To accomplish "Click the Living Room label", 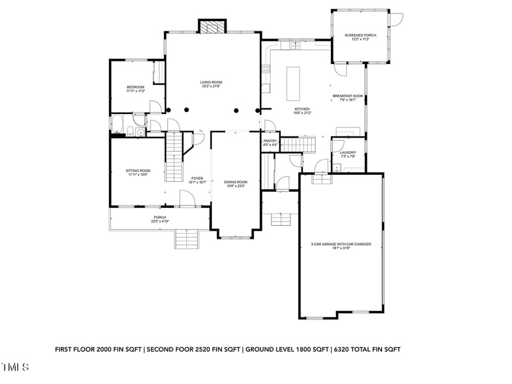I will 211,82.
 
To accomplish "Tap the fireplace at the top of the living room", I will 212,27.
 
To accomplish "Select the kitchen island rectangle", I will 293,83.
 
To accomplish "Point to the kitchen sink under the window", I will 295,46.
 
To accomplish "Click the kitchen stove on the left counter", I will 264,70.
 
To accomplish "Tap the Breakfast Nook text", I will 348,96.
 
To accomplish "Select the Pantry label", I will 270,141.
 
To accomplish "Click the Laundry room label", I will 348,152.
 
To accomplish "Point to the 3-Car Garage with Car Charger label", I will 341,244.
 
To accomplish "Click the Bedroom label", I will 135,87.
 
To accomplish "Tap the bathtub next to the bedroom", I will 118,125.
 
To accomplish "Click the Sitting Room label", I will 138,170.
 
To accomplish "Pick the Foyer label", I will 197,179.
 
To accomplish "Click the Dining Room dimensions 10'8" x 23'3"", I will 236,186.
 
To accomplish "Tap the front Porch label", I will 159,218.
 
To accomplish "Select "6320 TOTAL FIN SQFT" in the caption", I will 365,349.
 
